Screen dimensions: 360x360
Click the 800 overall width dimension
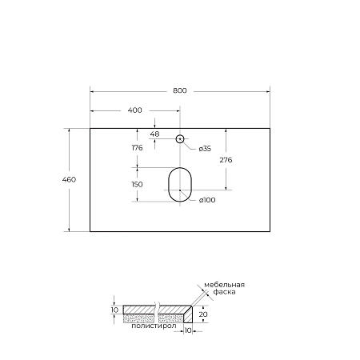coord(179,90)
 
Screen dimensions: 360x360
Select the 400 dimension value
coord(134,110)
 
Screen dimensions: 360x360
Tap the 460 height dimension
coord(69,179)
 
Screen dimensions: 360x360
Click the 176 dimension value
coord(137,147)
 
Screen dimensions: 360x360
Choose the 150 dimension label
coord(137,184)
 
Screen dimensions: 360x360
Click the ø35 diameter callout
coord(205,149)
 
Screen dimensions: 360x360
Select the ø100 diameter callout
coord(208,199)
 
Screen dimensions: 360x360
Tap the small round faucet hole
coord(181,139)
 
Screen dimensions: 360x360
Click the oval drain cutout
coord(181,185)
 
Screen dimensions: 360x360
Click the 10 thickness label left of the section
coord(114,309)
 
